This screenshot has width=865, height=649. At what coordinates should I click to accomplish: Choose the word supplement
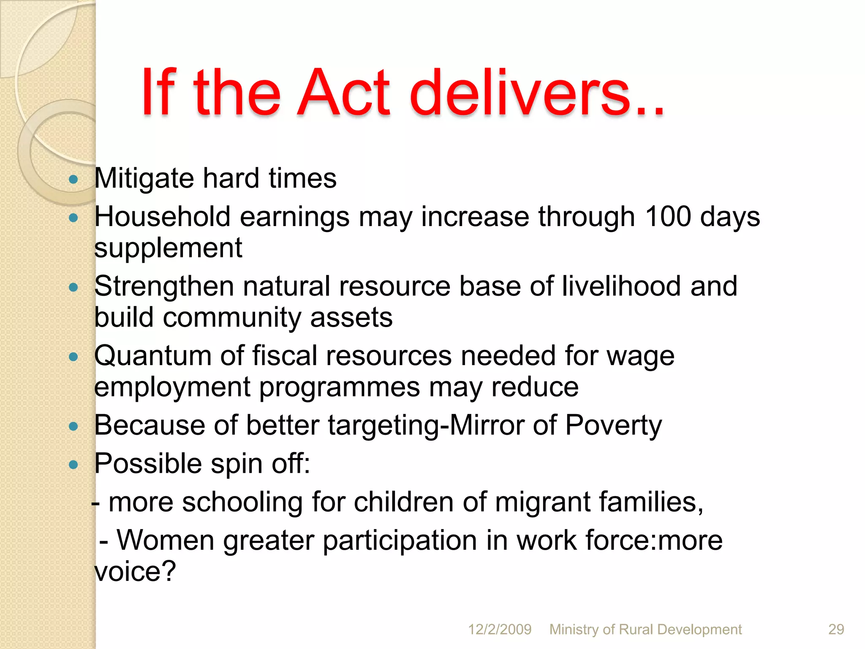click(168, 248)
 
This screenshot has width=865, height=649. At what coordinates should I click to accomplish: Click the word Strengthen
click(164, 286)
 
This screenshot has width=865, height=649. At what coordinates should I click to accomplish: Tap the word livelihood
click(621, 286)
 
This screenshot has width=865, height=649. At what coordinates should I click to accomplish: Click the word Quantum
click(152, 356)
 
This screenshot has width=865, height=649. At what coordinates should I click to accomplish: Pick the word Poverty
click(613, 425)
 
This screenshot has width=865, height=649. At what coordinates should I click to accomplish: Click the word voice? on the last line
click(135, 571)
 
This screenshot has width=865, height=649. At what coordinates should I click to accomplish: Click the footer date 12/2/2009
click(500, 630)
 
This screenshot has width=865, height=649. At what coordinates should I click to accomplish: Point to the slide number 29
click(836, 630)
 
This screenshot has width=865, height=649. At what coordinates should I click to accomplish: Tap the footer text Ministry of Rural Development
click(645, 630)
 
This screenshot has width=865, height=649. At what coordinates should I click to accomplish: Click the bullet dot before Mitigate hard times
click(73, 180)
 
